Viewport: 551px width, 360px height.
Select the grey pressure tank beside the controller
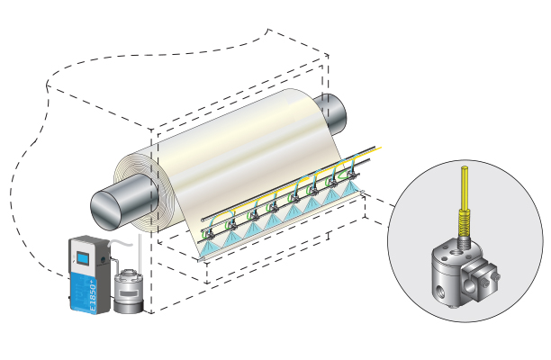point(128,292)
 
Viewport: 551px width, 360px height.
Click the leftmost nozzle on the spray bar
point(210,222)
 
